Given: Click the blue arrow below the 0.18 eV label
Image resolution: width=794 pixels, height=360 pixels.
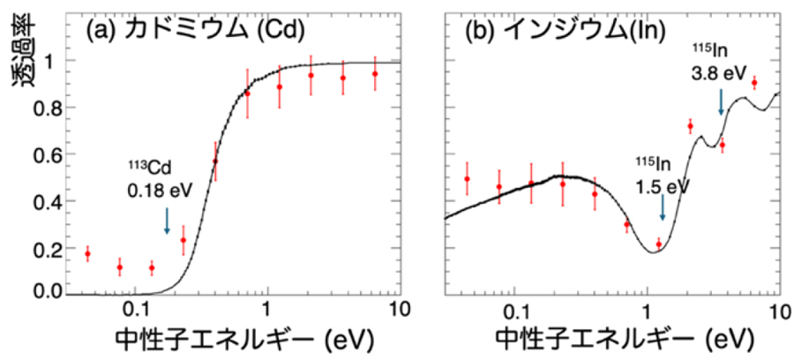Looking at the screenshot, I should (x=167, y=220).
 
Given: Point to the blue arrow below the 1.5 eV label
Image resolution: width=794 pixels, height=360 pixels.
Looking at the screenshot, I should (x=663, y=208).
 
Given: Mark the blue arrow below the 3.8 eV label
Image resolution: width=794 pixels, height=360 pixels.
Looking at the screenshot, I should (x=722, y=101).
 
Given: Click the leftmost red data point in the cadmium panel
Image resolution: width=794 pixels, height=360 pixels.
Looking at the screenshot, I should (x=87, y=254).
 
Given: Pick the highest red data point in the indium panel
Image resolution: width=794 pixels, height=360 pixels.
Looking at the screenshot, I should (x=754, y=82).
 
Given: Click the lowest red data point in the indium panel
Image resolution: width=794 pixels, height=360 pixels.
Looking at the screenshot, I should (x=658, y=244).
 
